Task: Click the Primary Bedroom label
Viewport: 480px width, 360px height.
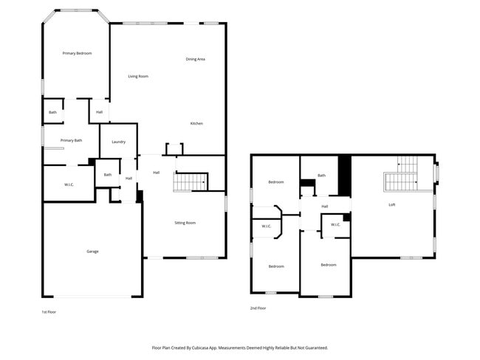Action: [x=77, y=53]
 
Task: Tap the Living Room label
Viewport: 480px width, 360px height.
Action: [x=138, y=76]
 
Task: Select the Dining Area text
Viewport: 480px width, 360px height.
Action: [x=195, y=59]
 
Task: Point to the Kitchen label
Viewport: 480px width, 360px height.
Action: [x=196, y=123]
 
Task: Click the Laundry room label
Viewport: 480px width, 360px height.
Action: [x=118, y=142]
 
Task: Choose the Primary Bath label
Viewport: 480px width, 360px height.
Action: [x=71, y=140]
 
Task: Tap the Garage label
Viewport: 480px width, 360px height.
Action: [x=92, y=252]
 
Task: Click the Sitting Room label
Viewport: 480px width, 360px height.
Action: [x=185, y=222]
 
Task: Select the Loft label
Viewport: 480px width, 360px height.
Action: [x=391, y=204]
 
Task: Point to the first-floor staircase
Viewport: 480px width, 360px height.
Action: [x=191, y=181]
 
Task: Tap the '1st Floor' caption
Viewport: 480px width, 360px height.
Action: [x=48, y=312]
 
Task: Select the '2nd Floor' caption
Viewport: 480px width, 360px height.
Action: [x=258, y=308]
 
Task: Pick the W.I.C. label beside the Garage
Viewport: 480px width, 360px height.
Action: [x=68, y=184]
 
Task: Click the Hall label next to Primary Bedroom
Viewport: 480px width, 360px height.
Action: [x=99, y=112]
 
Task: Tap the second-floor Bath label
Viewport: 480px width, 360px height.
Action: [x=321, y=176]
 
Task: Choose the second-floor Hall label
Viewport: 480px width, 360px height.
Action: [x=324, y=207]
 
